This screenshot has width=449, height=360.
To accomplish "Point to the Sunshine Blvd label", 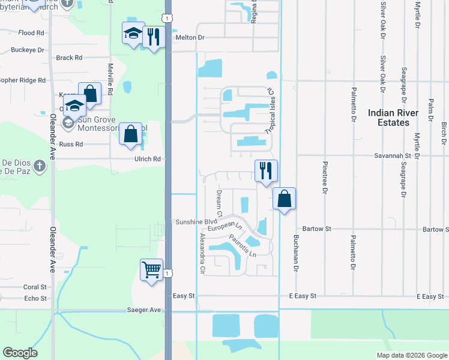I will click(x=196, y=221).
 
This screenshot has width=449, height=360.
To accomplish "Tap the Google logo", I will click(x=20, y=353).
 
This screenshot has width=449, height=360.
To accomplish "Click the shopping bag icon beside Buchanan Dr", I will click(x=284, y=199).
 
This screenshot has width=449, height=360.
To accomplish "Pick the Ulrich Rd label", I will click(x=148, y=159).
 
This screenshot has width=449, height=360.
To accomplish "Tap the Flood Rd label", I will click(x=31, y=33).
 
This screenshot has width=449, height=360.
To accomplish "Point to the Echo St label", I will click(x=35, y=298).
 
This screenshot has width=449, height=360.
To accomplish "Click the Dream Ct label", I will click(x=219, y=203).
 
